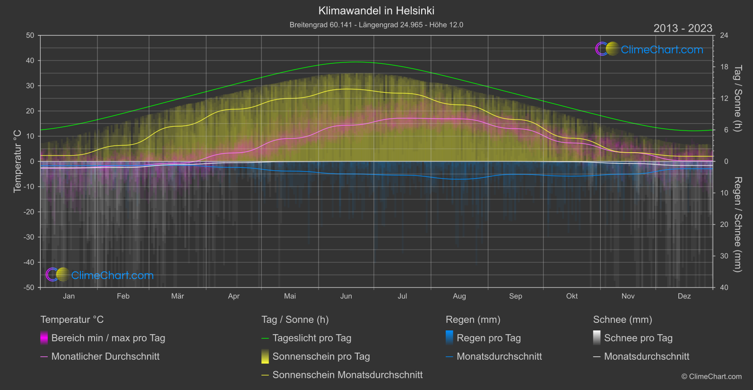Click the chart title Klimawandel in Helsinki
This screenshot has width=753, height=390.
pyautogui.click(x=376, y=10)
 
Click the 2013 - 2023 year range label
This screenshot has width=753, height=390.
pyautogui.click(x=683, y=28)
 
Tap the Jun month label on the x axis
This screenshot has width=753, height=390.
pyautogui.click(x=346, y=296)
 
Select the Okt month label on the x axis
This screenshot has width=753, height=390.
pyautogui.click(x=571, y=296)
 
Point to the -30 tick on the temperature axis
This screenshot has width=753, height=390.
pyautogui.click(x=29, y=237)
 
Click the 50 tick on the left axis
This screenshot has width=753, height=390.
pyautogui.click(x=30, y=35)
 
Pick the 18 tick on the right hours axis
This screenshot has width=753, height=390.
pyautogui.click(x=724, y=67)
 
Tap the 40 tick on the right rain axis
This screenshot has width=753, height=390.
pyautogui.click(x=724, y=287)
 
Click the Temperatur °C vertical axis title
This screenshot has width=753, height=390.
pyautogui.click(x=17, y=161)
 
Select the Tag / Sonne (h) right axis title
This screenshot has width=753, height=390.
pyautogui.click(x=737, y=98)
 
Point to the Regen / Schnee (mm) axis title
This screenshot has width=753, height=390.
pyautogui.click(x=737, y=225)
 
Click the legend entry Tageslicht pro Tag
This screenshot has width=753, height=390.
pyautogui.click(x=312, y=338)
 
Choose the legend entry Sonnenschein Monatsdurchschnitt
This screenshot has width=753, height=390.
pyautogui.click(x=347, y=375)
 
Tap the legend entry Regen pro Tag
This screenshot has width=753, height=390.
pyautogui.click(x=488, y=338)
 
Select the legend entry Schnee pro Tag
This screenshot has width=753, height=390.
pyautogui.click(x=638, y=338)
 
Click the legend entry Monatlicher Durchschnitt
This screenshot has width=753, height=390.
pyautogui.click(x=105, y=356)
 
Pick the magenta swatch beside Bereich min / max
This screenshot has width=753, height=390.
pyautogui.click(x=44, y=338)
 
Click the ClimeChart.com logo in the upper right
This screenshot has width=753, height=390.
pyautogui.click(x=649, y=49)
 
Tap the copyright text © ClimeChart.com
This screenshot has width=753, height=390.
pyautogui.click(x=711, y=377)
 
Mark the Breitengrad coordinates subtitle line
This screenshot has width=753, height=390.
pyautogui.click(x=376, y=25)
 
